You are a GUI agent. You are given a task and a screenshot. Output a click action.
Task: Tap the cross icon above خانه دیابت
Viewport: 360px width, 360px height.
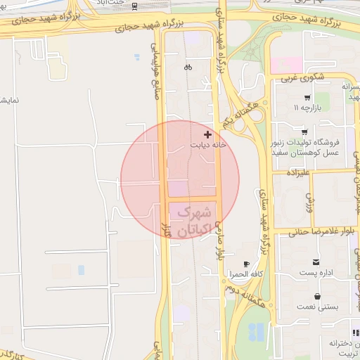click(207, 134)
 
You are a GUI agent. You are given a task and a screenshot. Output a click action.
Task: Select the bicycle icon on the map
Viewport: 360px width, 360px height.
click(188, 67)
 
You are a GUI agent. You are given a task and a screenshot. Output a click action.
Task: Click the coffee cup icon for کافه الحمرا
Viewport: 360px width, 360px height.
click(246, 263)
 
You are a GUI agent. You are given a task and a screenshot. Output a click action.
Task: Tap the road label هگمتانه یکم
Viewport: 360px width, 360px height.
click(236, 113)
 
